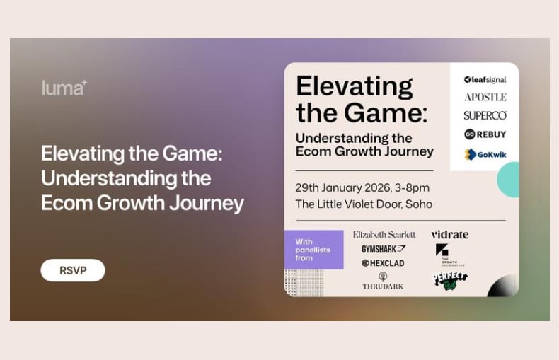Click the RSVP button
pyautogui.click(x=72, y=270)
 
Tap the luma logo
pyautogui.click(x=64, y=88)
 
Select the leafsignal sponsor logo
pyautogui.click(x=485, y=80)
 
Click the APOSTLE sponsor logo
pyautogui.click(x=485, y=98)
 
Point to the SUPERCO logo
pyautogui.click(x=485, y=115)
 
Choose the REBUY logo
pyautogui.click(x=485, y=134)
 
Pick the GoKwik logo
pyautogui.click(x=485, y=154)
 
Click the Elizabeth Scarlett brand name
pyautogui.click(x=384, y=234)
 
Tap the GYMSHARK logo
pyautogui.click(x=384, y=249)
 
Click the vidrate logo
pyautogui.click(x=449, y=234)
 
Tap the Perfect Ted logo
pyautogui.click(x=450, y=280)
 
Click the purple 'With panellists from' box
pyautogui.click(x=313, y=250)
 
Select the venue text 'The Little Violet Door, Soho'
pyautogui.click(x=364, y=204)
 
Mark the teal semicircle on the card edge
pyautogui.click(x=508, y=180)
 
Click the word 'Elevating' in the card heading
pyautogui.click(x=354, y=87)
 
